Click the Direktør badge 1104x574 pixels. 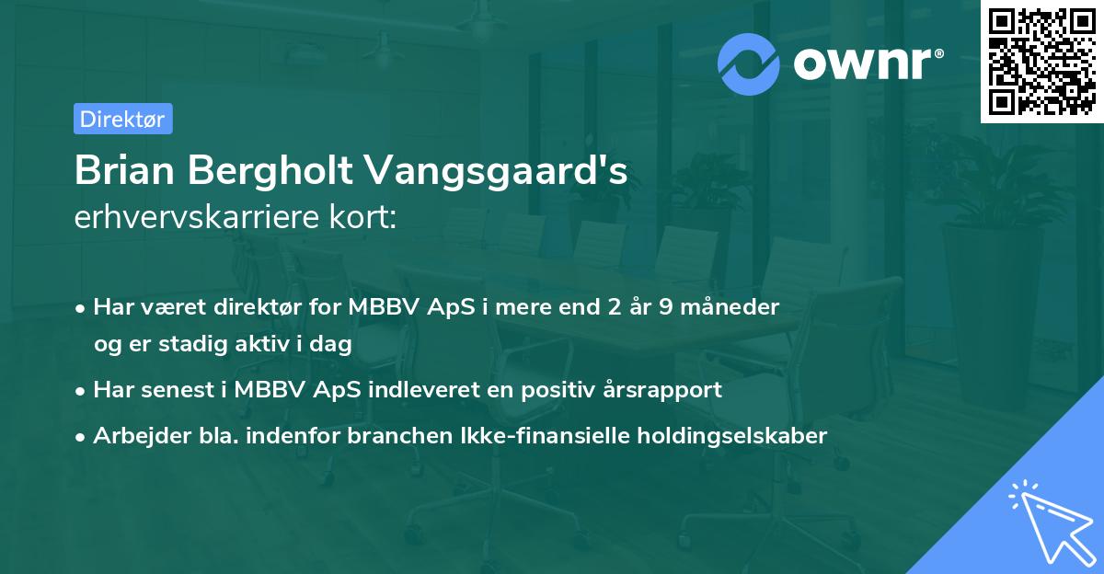tap(122, 119)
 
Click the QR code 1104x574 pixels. tap(1041, 61)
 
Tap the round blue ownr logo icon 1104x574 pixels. tap(748, 63)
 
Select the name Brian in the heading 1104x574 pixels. tap(122, 171)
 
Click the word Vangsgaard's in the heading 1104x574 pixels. tap(498, 171)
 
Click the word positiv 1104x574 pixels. tap(564, 389)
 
